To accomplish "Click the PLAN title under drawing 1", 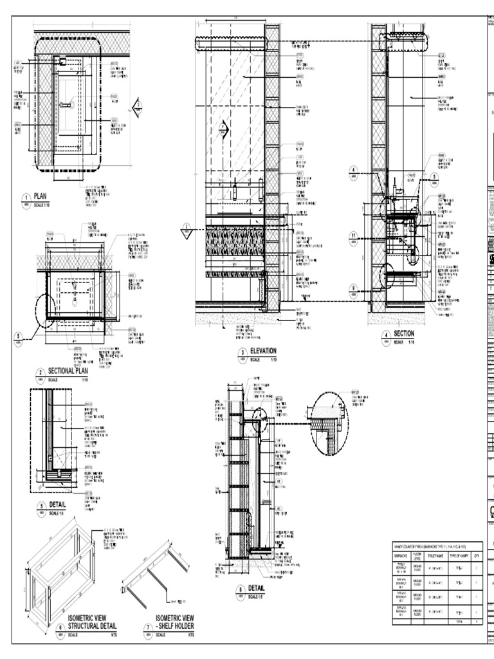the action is coord(41,198).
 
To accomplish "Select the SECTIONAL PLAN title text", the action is coord(68,372).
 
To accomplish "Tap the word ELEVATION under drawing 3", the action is coord(263,351).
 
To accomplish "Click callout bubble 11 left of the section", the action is coord(353,236).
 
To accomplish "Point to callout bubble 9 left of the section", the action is coord(353,288).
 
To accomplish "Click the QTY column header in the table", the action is coord(477,554).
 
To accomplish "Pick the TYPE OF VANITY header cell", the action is coord(459,554).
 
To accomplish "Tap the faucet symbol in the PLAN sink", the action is coord(66,104).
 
